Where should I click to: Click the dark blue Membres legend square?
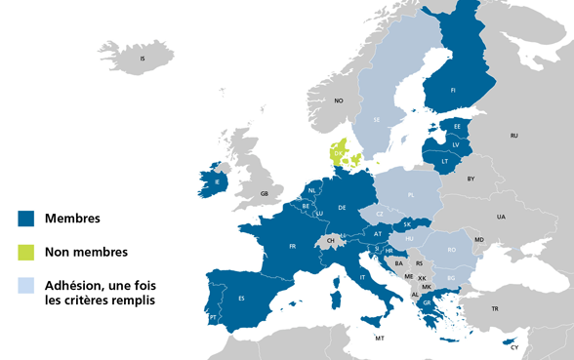[26, 219]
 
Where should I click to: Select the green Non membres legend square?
[26, 253]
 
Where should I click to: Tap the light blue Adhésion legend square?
[26, 286]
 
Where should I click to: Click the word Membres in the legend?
[74, 219]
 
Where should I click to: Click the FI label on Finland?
[453, 90]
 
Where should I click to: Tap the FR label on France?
[292, 247]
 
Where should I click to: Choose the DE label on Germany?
[343, 208]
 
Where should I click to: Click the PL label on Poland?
[410, 195]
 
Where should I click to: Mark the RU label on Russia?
[514, 136]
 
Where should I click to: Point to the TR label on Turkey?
[495, 309]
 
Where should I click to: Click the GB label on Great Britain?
[265, 194]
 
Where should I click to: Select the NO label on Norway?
[339, 100]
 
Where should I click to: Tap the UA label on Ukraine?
[501, 217]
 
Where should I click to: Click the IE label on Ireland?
[216, 181]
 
